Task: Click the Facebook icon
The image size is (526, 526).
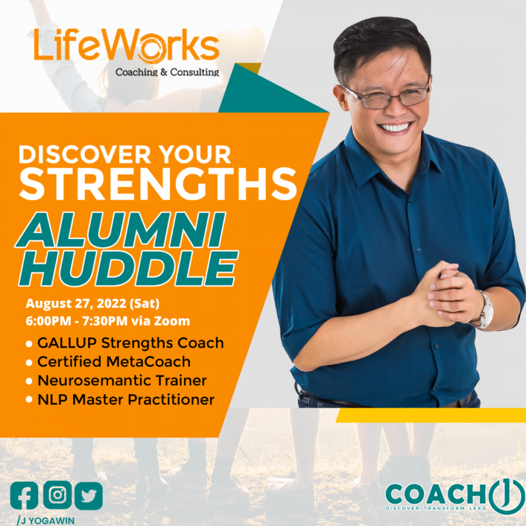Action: tap(24, 495)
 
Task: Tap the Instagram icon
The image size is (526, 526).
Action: tap(57, 495)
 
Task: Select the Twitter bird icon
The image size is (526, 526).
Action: tap(88, 496)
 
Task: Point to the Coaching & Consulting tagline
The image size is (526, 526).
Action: tap(167, 72)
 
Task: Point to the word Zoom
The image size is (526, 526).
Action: tap(175, 321)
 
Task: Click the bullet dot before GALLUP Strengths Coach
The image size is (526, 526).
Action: tap(29, 344)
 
